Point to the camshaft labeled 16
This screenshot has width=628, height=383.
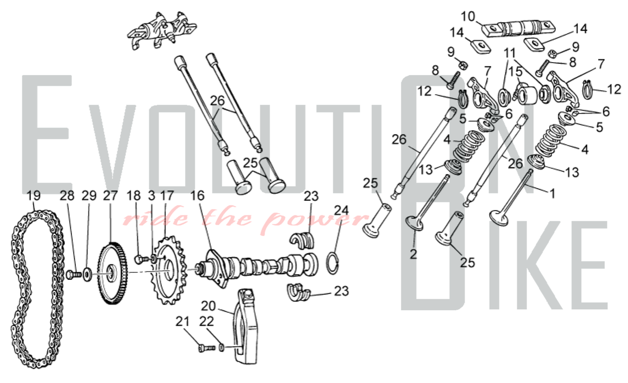click(257, 265)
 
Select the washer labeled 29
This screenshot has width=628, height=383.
click(87, 274)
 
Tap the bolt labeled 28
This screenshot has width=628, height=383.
click(74, 275)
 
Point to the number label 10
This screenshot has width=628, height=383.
click(468, 16)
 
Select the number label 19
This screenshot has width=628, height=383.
click(34, 196)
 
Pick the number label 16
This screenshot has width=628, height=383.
click(198, 196)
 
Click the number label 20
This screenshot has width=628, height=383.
click(208, 306)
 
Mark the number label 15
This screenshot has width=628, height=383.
click(515, 72)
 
